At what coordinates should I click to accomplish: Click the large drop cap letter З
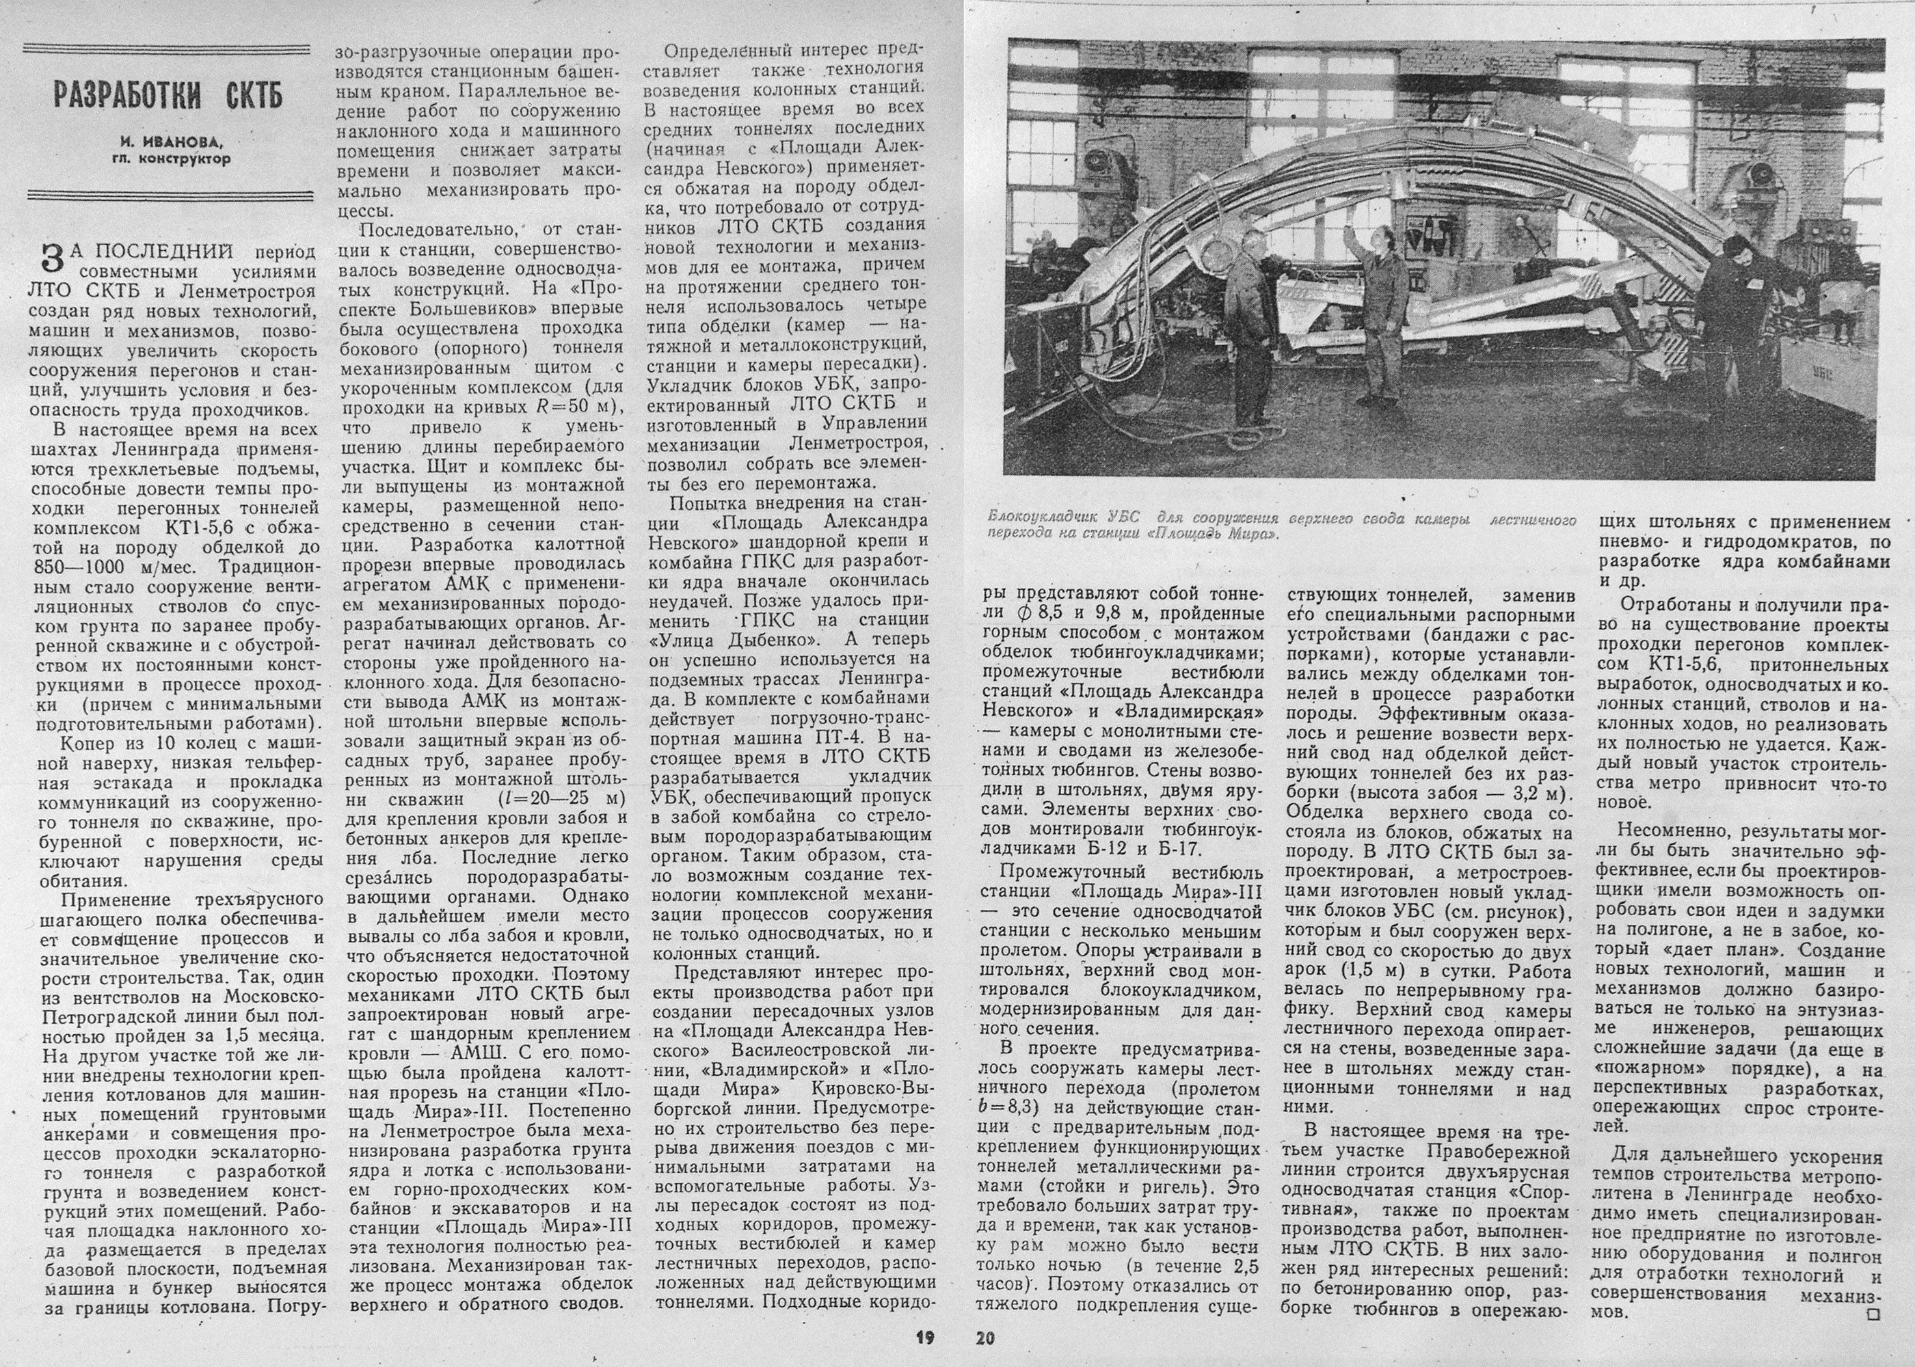51,260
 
